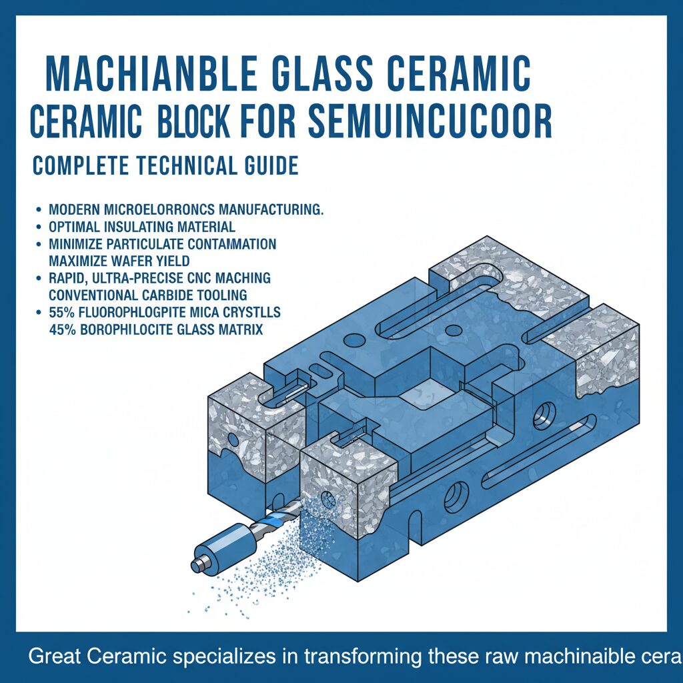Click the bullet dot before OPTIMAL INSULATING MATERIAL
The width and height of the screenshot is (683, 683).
41,227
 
